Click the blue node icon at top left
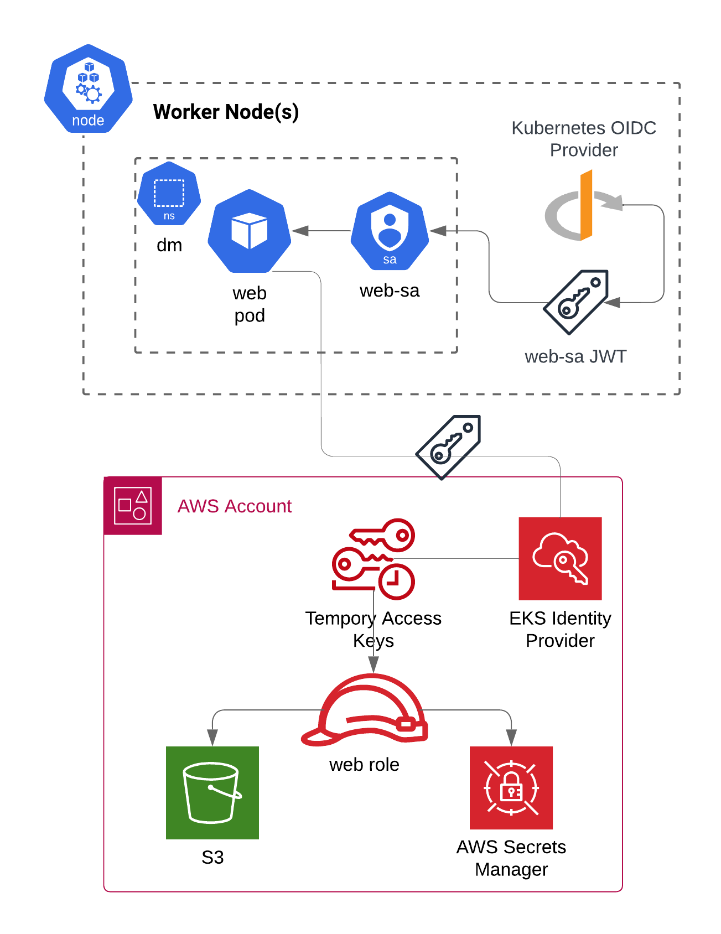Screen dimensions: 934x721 (89, 89)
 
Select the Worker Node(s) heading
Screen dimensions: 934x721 (226, 112)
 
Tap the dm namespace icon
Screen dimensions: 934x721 (169, 194)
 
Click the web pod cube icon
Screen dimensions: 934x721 (250, 231)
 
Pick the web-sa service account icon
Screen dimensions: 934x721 (390, 230)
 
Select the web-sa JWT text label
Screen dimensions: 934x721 (575, 356)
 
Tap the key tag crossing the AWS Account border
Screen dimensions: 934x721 (449, 447)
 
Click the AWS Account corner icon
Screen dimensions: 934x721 (133, 506)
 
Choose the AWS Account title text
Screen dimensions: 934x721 (235, 506)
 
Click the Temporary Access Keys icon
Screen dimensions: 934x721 (374, 559)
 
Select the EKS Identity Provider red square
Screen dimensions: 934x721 (560, 558)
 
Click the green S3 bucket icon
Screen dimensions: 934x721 (212, 792)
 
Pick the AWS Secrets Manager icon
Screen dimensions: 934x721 (511, 787)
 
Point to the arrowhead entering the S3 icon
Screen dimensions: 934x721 (212, 738)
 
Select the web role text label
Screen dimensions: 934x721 (364, 765)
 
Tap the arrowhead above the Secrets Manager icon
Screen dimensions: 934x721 (511, 738)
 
